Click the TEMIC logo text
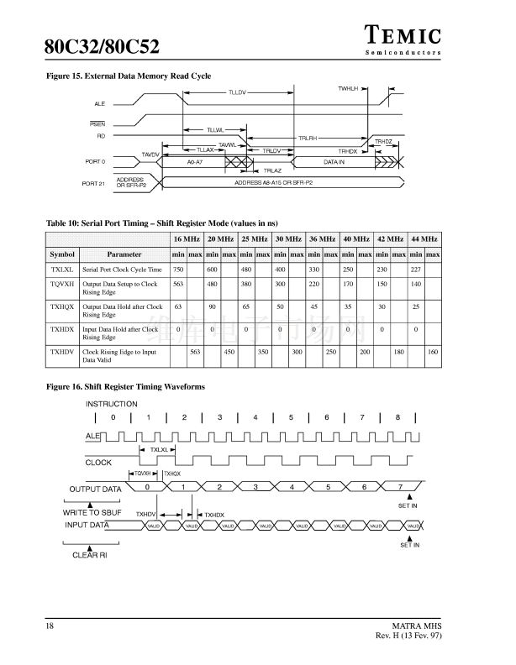pyautogui.click(x=403, y=35)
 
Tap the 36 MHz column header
pyautogui.click(x=322, y=239)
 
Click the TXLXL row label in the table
pyautogui.click(x=62, y=270)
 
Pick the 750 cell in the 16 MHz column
pyautogui.click(x=178, y=270)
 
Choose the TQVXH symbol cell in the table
pyautogui.click(x=62, y=285)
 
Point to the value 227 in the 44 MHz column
pyautogui.click(x=416, y=270)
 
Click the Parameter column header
pyautogui.click(x=124, y=254)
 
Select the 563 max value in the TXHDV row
pyautogui.click(x=195, y=352)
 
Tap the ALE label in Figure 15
pyautogui.click(x=99, y=103)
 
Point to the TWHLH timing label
pyautogui.click(x=348, y=88)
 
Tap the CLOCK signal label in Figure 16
pyautogui.click(x=98, y=463)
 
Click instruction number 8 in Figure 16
pyautogui.click(x=398, y=417)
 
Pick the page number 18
pyautogui.click(x=50, y=626)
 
